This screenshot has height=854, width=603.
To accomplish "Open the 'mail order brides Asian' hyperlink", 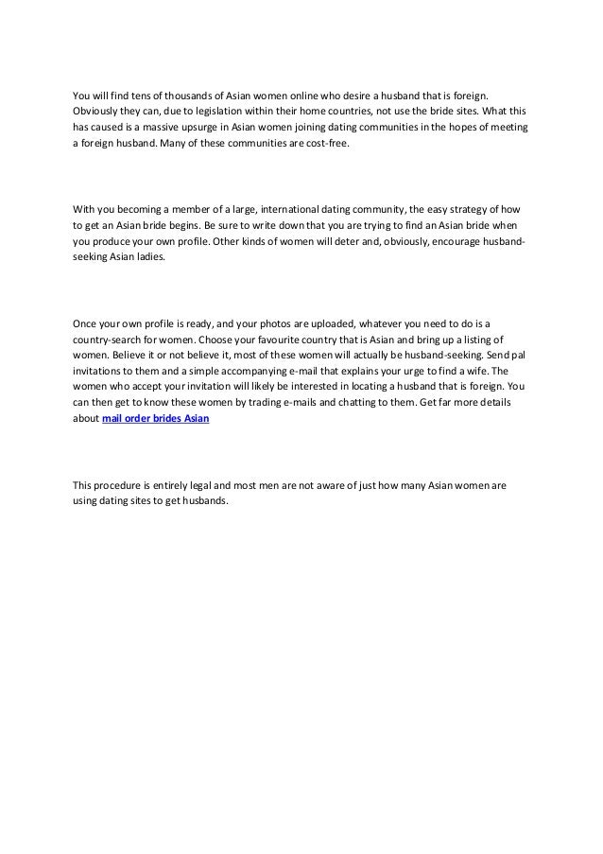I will tap(156, 425).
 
